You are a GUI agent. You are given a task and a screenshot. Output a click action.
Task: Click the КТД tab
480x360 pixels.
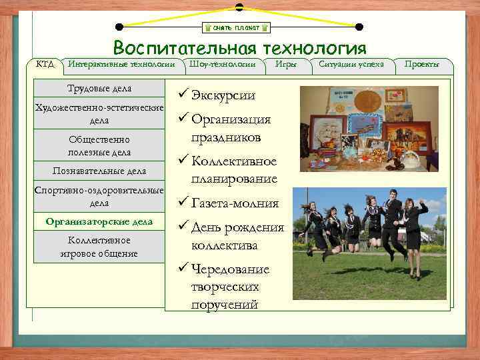[x=45, y=64]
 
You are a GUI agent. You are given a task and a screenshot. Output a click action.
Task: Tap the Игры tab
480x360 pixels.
[x=289, y=64]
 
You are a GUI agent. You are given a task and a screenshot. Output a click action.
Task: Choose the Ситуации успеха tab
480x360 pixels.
[x=351, y=64]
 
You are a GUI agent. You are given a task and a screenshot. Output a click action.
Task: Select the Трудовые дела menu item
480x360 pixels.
[x=99, y=89]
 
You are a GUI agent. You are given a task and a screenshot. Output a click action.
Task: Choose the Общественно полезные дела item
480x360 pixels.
[x=99, y=146]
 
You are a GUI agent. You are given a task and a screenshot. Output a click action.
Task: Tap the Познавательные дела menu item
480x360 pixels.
[x=99, y=172]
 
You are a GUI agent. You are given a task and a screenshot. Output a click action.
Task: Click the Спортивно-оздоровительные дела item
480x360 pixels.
[x=99, y=197]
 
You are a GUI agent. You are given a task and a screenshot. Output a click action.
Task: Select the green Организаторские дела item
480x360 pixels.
[x=99, y=221]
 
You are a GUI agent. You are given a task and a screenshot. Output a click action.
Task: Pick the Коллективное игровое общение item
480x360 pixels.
[x=99, y=247]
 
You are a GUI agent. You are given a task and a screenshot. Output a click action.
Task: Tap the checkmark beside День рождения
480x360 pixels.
[x=183, y=227]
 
